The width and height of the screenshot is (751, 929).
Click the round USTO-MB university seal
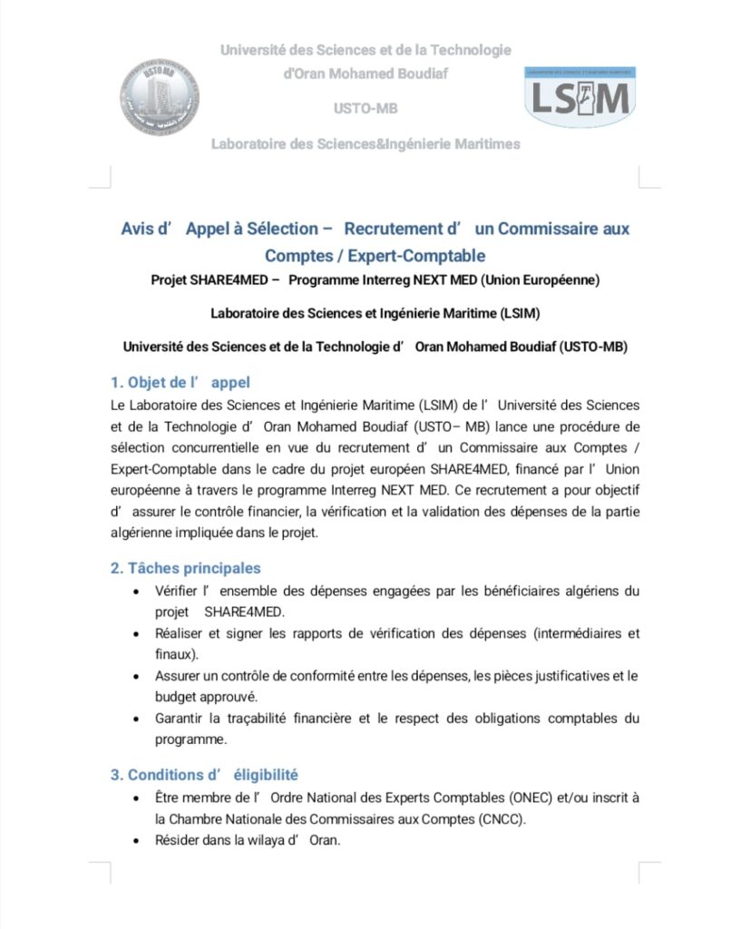(160, 97)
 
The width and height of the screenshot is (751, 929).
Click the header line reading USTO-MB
(366, 109)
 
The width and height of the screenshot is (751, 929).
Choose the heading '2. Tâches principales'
(186, 568)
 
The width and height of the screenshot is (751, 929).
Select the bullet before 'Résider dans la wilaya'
(135, 841)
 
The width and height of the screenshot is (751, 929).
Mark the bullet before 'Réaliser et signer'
(135, 633)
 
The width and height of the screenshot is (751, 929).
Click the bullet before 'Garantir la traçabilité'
(135, 719)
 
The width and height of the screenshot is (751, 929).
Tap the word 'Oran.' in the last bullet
(324, 840)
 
